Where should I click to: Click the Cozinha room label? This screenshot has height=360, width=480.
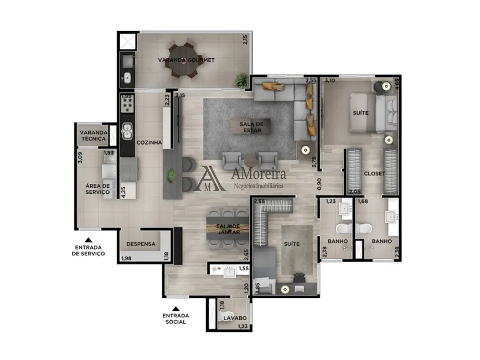point(149,142)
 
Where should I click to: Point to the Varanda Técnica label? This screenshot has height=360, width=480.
point(92,136)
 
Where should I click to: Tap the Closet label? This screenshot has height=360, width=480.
point(374,173)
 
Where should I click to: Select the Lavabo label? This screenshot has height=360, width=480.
point(235,318)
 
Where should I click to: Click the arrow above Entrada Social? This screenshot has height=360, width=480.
point(176,309)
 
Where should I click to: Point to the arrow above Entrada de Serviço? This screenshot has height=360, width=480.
point(89,240)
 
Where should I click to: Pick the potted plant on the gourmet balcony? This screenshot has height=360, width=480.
point(241,78)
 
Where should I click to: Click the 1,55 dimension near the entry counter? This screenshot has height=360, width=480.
point(243,269)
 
